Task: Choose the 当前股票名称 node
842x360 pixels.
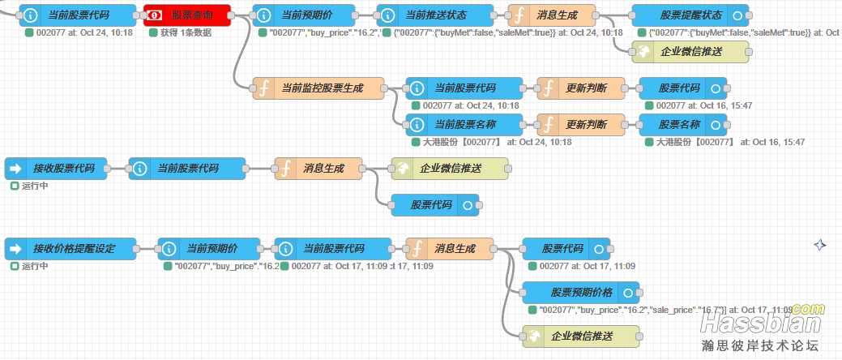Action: click(464, 124)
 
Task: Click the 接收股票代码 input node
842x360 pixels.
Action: click(55, 169)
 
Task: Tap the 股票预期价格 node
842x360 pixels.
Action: click(580, 292)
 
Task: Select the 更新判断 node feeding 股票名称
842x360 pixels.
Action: click(581, 124)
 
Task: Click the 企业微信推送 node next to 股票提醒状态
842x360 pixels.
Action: click(690, 51)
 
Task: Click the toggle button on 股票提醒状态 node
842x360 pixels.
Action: click(736, 15)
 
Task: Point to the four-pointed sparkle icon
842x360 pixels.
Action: click(820, 244)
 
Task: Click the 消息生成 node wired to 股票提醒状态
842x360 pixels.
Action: click(550, 15)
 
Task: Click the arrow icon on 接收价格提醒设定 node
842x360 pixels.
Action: click(15, 248)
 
